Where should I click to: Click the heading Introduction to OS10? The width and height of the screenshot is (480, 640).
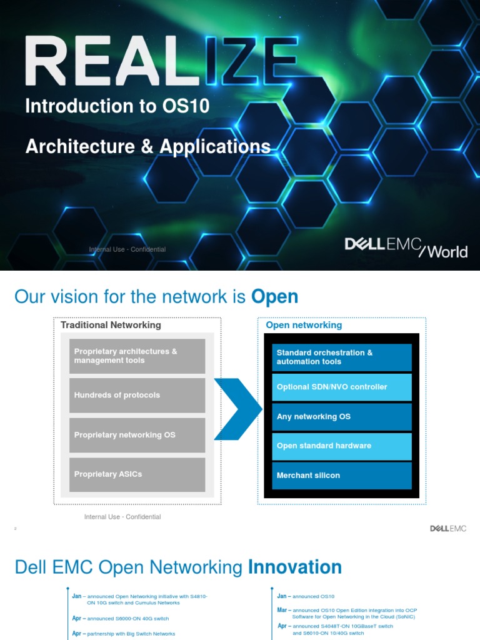(x=117, y=106)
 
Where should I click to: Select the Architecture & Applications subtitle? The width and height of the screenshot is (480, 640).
(x=148, y=146)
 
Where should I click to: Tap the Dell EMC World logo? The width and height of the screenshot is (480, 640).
(x=406, y=247)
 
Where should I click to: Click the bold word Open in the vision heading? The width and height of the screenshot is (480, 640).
(x=274, y=297)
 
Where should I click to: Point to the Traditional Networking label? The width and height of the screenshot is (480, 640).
(x=111, y=325)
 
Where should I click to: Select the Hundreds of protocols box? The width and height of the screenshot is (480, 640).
(x=137, y=395)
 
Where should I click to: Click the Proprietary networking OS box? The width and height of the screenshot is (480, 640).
(x=137, y=435)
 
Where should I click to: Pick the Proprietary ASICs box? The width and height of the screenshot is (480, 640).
(x=137, y=474)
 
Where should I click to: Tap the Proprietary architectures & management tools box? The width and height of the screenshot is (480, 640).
(x=137, y=356)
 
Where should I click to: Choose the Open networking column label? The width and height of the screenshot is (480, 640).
(x=304, y=325)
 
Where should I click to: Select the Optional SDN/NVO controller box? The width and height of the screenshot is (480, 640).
(x=342, y=387)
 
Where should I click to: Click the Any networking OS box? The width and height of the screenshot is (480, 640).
(x=342, y=417)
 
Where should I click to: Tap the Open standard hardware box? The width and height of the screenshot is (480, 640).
(x=342, y=446)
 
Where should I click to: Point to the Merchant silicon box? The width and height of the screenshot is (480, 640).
(x=342, y=476)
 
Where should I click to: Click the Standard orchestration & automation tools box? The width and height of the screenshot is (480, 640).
(x=342, y=357)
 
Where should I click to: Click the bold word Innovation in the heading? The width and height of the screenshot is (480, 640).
(x=295, y=567)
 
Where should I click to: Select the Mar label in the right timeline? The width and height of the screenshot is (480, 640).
(x=282, y=610)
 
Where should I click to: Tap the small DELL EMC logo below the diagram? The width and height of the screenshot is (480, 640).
(x=447, y=529)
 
